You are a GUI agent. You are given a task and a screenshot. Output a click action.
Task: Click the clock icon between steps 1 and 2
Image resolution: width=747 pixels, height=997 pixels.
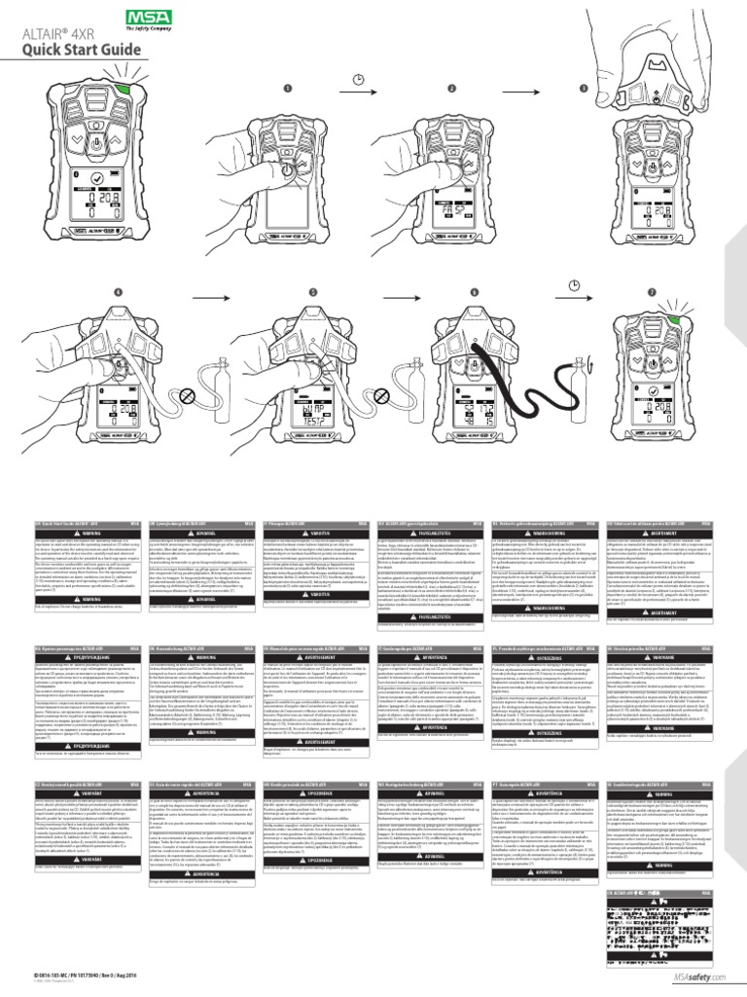359,77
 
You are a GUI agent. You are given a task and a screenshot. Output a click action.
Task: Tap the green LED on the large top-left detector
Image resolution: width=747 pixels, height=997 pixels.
124,89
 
